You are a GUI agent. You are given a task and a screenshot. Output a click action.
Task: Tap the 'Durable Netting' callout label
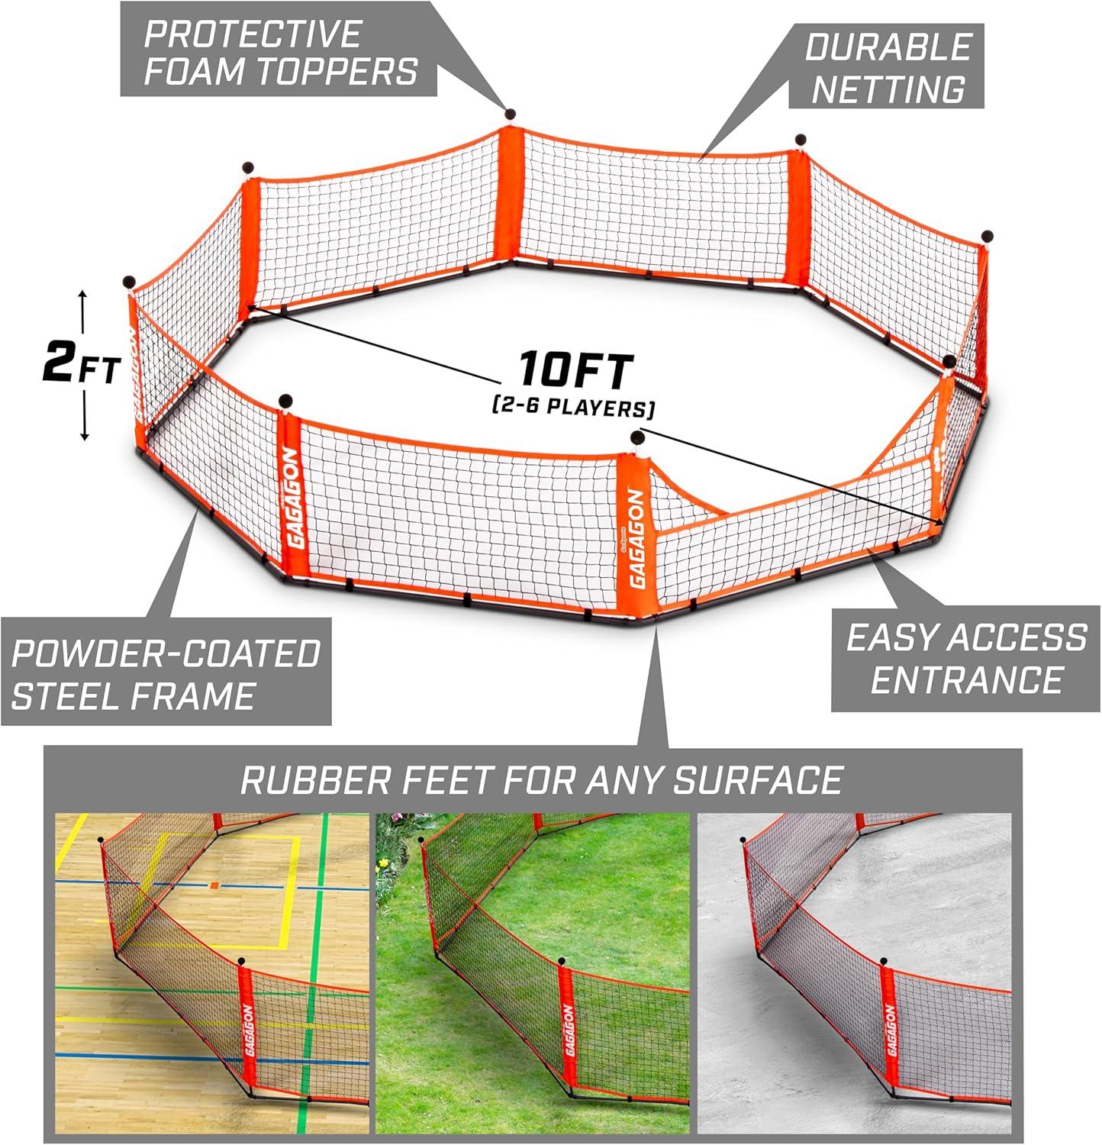pos(888,67)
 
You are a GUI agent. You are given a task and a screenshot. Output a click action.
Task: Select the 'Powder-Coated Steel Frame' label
pos(166,675)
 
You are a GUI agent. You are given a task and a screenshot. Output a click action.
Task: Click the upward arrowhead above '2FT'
pos(82,295)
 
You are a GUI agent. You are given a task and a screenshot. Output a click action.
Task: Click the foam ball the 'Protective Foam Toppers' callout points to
pos(511,114)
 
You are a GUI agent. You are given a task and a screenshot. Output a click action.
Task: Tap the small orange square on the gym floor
pos(214,885)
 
